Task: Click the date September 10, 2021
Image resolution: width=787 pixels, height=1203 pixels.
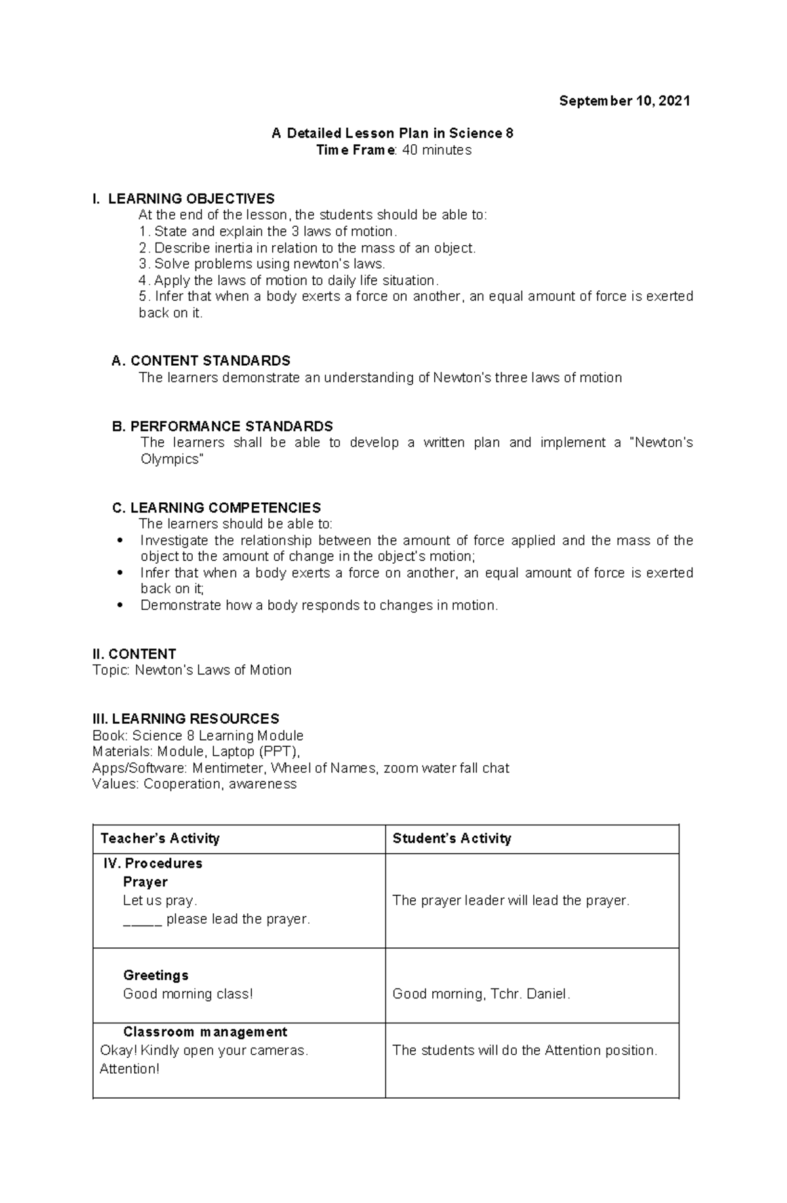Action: click(624, 101)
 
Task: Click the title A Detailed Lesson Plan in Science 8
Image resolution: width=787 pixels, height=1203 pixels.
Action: click(392, 134)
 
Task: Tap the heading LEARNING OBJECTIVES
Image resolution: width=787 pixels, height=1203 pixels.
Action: click(191, 199)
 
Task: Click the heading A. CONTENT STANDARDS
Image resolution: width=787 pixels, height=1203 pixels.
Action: click(201, 361)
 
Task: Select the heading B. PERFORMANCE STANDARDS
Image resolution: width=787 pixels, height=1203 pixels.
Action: click(222, 426)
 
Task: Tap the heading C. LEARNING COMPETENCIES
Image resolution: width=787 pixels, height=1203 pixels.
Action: click(216, 507)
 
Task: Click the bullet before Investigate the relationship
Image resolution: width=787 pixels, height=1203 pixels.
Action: click(119, 541)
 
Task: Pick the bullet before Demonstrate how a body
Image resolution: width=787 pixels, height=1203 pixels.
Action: click(119, 605)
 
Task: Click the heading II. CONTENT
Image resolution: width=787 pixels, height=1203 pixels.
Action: click(134, 654)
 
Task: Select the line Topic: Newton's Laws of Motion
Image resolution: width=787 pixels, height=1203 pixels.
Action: click(192, 670)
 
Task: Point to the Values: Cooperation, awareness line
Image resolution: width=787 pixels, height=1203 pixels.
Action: click(194, 784)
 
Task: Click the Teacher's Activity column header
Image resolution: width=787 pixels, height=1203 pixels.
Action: click(159, 838)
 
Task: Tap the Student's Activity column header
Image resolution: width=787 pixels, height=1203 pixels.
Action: click(451, 838)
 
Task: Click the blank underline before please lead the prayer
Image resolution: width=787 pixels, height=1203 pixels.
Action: click(142, 920)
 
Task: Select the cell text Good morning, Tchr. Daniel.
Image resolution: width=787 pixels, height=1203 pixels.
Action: click(481, 994)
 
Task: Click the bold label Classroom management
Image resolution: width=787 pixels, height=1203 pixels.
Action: click(205, 1032)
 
